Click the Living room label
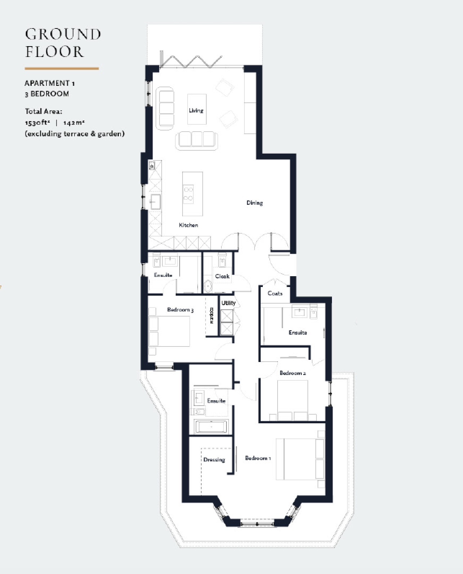coord(196,110)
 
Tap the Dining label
coord(255,203)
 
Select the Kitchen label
coord(188,225)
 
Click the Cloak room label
coord(222,276)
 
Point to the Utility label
coord(228,303)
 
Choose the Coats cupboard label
coord(275,293)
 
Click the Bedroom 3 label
coord(180,310)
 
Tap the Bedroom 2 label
coord(292,373)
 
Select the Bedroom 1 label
coord(258,458)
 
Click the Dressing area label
coord(214,460)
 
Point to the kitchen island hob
coord(188,194)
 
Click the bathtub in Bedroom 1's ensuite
coord(211,427)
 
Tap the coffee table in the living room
coord(197,109)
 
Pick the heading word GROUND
coord(63,34)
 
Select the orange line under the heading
coord(62,68)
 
